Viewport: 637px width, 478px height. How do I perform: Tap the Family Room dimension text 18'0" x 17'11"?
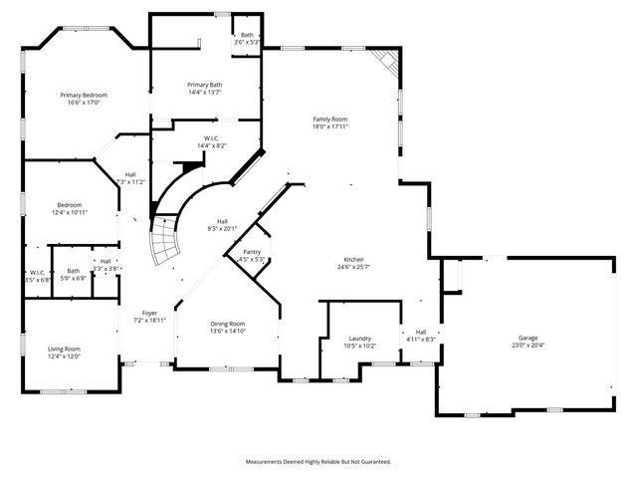tap(329, 127)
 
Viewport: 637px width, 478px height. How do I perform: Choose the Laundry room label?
tap(359, 339)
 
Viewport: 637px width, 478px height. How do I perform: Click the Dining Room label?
tap(228, 324)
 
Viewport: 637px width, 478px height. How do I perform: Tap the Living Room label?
tap(64, 349)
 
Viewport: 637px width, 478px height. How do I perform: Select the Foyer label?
tap(148, 313)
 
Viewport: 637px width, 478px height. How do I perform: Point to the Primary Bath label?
tap(204, 85)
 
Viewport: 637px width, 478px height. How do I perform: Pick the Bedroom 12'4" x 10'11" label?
tap(69, 206)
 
